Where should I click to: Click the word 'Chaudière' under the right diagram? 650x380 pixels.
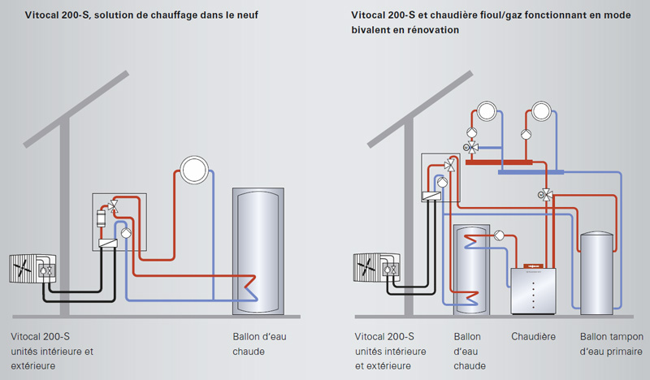[533, 336]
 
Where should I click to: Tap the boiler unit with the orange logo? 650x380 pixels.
[533, 289]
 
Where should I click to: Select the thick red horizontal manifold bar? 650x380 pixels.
[500, 162]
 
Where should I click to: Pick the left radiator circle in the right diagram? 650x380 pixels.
[486, 110]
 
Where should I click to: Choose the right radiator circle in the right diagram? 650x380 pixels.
[542, 110]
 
